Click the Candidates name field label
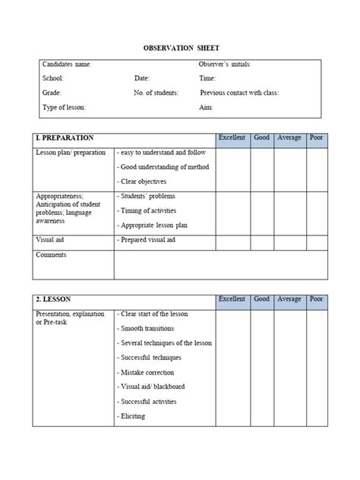[67, 65]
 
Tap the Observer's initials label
[225, 65]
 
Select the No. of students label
[156, 93]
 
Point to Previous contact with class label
[239, 93]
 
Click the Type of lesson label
[65, 107]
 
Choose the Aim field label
[205, 107]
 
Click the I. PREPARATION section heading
[65, 138]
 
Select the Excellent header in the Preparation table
[232, 138]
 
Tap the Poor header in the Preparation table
[317, 138]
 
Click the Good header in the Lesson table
[261, 299]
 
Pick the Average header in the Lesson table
[289, 299]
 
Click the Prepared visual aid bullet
[148, 240]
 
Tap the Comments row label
[51, 255]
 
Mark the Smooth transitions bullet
[147, 328]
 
